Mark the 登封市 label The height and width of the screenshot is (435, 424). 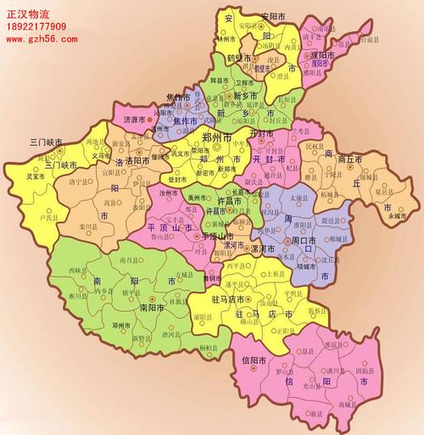pos(179,180)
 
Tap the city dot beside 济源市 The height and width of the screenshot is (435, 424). pos(151,120)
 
